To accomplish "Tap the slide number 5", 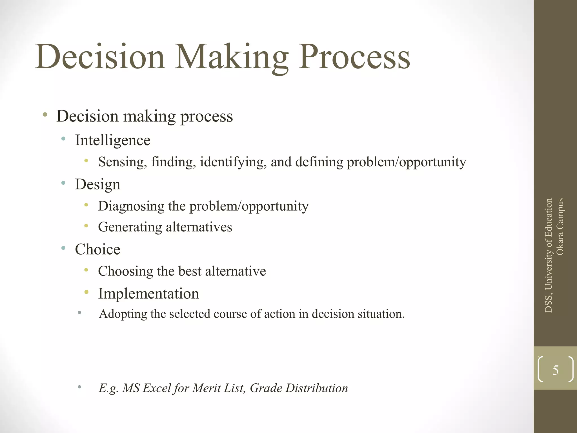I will pos(555,370).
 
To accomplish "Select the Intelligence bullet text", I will pos(113,140).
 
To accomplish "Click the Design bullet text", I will pos(97,185).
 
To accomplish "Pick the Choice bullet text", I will pos(97,249).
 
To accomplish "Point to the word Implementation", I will pos(148,293).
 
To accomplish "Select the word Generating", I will pos(130,227).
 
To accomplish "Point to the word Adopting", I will pos(123,314).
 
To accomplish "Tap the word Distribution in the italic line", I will pos(317,388).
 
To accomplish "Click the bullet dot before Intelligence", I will pos(63,138).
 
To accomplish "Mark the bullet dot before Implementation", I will pos(86,292).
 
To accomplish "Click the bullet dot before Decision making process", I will pos(45,114).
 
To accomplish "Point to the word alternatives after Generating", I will pos(199,227).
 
